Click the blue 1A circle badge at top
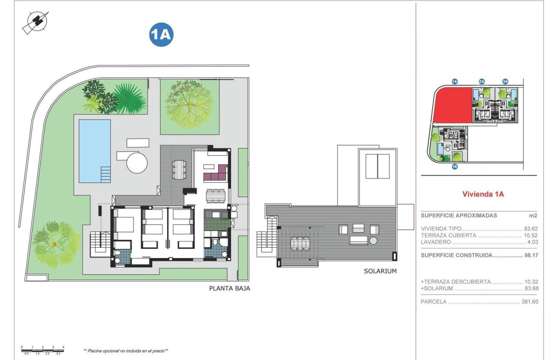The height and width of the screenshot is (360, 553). pyautogui.click(x=161, y=35)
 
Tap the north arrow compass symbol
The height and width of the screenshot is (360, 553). pyautogui.click(x=35, y=22)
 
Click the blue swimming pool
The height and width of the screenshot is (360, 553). pyautogui.click(x=94, y=150)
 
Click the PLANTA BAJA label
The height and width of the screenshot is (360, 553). pyautogui.click(x=229, y=288)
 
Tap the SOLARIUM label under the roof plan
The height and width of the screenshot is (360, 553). pyautogui.click(x=380, y=271)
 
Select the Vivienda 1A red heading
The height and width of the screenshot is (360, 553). pyautogui.click(x=483, y=194)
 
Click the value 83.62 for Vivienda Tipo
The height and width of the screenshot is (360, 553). pyautogui.click(x=531, y=229)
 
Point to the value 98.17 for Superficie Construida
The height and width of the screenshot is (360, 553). pyautogui.click(x=531, y=255)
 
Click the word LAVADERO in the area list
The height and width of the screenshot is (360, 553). pyautogui.click(x=436, y=243)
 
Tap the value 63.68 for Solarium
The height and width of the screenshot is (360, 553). pyautogui.click(x=531, y=288)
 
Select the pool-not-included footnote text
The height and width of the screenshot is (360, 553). pyautogui.click(x=126, y=351)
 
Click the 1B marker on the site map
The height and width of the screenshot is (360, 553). pyautogui.click(x=455, y=167)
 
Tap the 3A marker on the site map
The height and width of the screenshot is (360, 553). pyautogui.click(x=505, y=81)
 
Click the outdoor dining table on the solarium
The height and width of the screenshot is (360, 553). pyautogui.click(x=300, y=243)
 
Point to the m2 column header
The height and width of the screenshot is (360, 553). pyautogui.click(x=533, y=216)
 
